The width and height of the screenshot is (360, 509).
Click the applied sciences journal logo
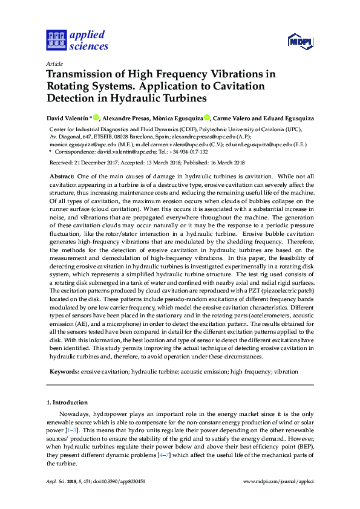tap(77, 40)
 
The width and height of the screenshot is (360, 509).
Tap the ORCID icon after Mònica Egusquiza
tap(207, 117)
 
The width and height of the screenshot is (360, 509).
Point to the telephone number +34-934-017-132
tap(182, 152)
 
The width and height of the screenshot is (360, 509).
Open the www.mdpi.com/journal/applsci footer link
tap(278, 481)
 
